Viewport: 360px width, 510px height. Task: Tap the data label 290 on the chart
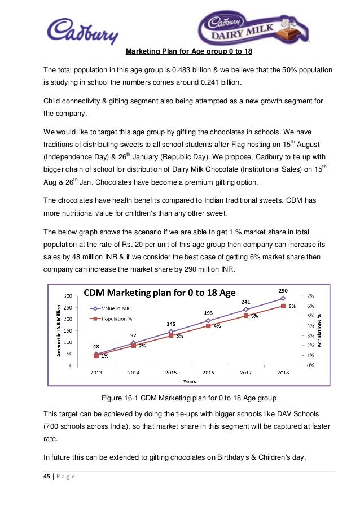(x=283, y=290)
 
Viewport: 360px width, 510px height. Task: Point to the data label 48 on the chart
(x=96, y=347)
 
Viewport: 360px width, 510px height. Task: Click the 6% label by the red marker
(x=292, y=306)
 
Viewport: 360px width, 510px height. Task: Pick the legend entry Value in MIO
(x=116, y=308)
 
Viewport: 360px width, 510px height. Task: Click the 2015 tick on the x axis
(x=171, y=373)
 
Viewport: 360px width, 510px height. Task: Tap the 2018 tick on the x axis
(x=283, y=373)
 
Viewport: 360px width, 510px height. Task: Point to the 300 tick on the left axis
(x=67, y=295)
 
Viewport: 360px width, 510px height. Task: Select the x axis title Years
(x=189, y=381)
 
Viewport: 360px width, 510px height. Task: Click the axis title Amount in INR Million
(x=58, y=330)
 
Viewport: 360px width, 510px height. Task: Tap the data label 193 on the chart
(x=208, y=312)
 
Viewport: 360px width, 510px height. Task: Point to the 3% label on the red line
(x=179, y=336)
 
